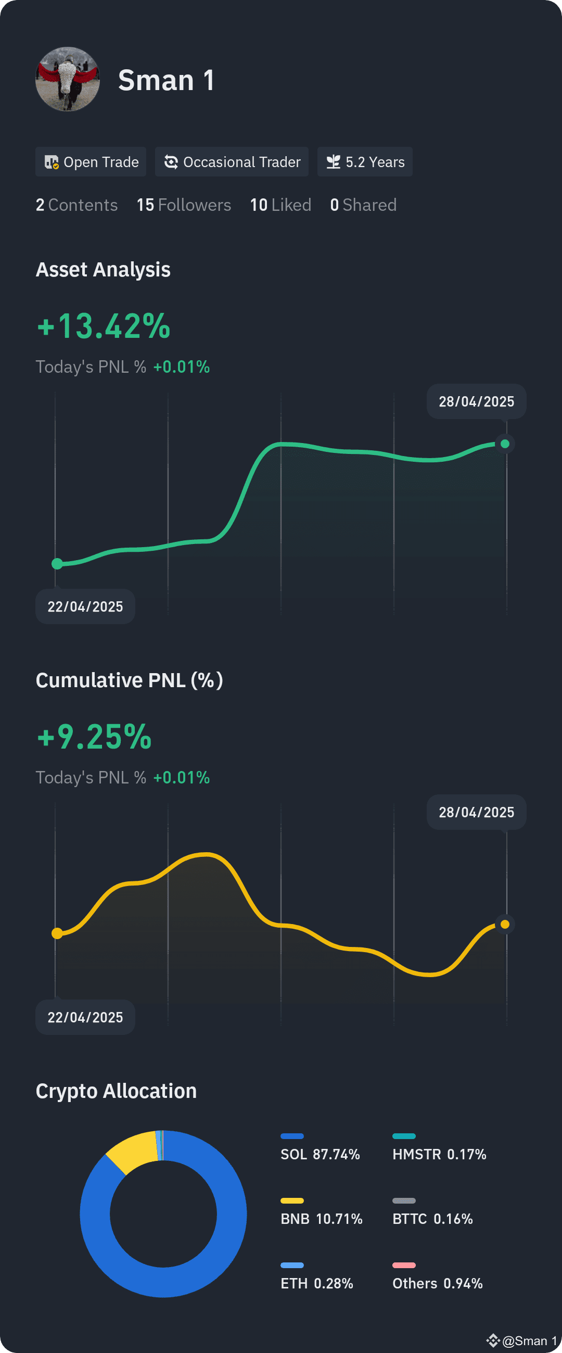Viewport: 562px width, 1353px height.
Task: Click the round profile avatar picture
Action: [x=68, y=79]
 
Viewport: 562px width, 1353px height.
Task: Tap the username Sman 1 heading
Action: [x=166, y=80]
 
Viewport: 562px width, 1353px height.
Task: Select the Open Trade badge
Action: [x=91, y=162]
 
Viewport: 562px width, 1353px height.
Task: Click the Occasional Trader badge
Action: [x=232, y=162]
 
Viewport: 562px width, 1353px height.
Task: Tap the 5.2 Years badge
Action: [x=365, y=162]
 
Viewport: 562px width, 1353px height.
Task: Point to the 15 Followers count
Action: [x=184, y=205]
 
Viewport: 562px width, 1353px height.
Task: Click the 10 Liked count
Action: [x=280, y=205]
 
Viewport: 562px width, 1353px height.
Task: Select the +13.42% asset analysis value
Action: [x=104, y=326]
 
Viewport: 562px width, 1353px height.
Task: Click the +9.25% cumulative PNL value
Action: [x=95, y=737]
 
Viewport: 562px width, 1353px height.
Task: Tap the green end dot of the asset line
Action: [x=505, y=444]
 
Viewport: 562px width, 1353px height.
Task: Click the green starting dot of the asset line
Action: [x=57, y=564]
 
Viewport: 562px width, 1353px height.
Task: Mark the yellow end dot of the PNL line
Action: [x=505, y=924]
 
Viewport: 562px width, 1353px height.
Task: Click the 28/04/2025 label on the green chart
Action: [x=476, y=402]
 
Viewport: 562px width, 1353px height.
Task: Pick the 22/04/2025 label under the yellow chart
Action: [x=85, y=1017]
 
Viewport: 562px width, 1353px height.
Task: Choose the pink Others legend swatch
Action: [x=404, y=1266]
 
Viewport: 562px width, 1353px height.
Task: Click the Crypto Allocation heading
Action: [x=116, y=1091]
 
